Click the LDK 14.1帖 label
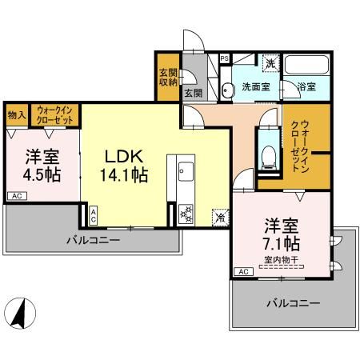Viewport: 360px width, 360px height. pos(124,166)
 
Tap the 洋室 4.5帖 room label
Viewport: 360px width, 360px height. pos(42,166)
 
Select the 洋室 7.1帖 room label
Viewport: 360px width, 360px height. pos(282,234)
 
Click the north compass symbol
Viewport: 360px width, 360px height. pos(21,314)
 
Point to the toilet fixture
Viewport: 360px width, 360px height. pos(268,158)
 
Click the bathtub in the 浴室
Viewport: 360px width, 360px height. pos(306,65)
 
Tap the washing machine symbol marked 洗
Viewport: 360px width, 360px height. pos(270,63)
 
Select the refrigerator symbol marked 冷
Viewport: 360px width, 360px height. pos(221,218)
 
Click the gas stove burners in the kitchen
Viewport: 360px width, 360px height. pos(186,214)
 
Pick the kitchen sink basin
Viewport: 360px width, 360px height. pos(186,171)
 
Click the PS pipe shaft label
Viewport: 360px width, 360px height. pos(225,58)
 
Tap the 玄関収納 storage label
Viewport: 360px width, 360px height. pos(168,78)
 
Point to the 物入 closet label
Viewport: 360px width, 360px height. pos(17,115)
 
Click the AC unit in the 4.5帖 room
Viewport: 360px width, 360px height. pos(17,196)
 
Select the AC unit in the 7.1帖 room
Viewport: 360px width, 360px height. pos(244,272)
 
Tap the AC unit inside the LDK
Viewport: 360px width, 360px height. pos(93,215)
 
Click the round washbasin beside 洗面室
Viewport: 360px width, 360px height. pos(227,90)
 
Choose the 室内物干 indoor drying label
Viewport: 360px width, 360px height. pos(282,260)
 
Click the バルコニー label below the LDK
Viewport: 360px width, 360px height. pos(94,241)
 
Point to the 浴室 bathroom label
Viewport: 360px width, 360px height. pos(306,86)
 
